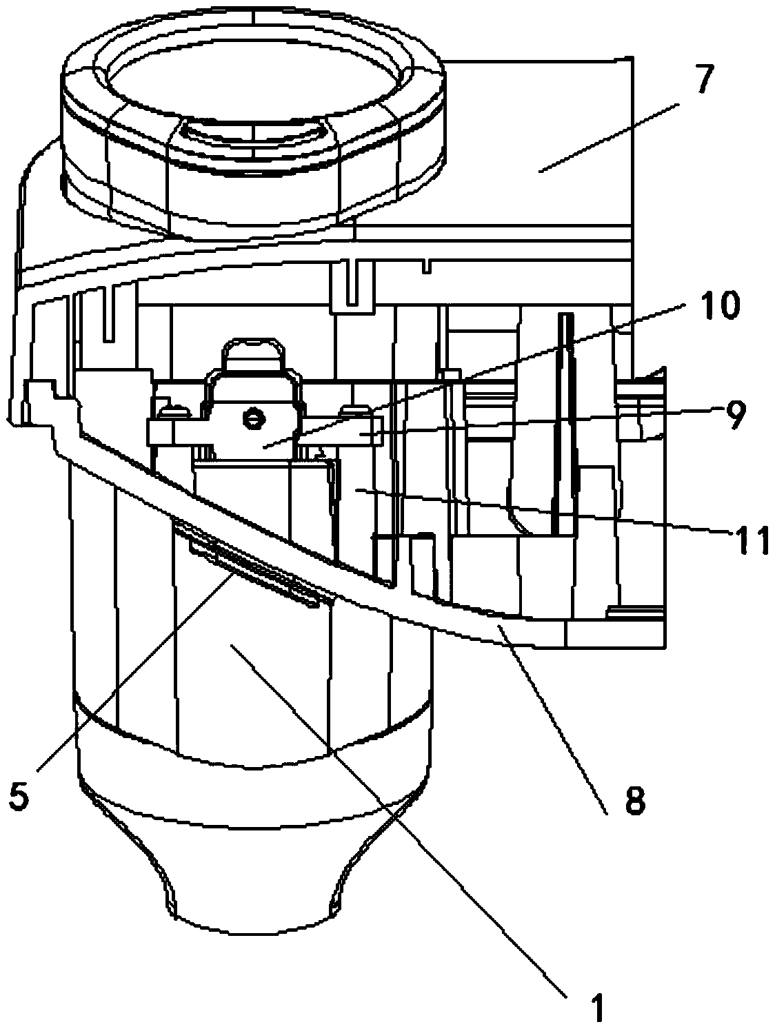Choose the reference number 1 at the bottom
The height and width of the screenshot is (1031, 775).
tap(598, 1008)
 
